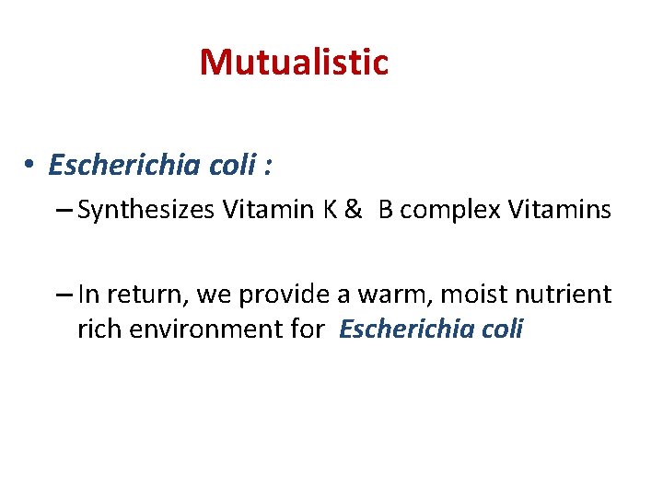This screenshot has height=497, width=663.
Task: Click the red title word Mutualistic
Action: [294, 63]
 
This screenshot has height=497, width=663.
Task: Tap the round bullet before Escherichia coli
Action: [30, 166]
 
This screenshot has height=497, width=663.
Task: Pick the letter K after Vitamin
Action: [329, 211]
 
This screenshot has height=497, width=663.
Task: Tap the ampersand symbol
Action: [353, 211]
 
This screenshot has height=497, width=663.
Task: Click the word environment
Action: [200, 329]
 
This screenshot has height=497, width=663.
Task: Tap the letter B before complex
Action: [386, 211]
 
